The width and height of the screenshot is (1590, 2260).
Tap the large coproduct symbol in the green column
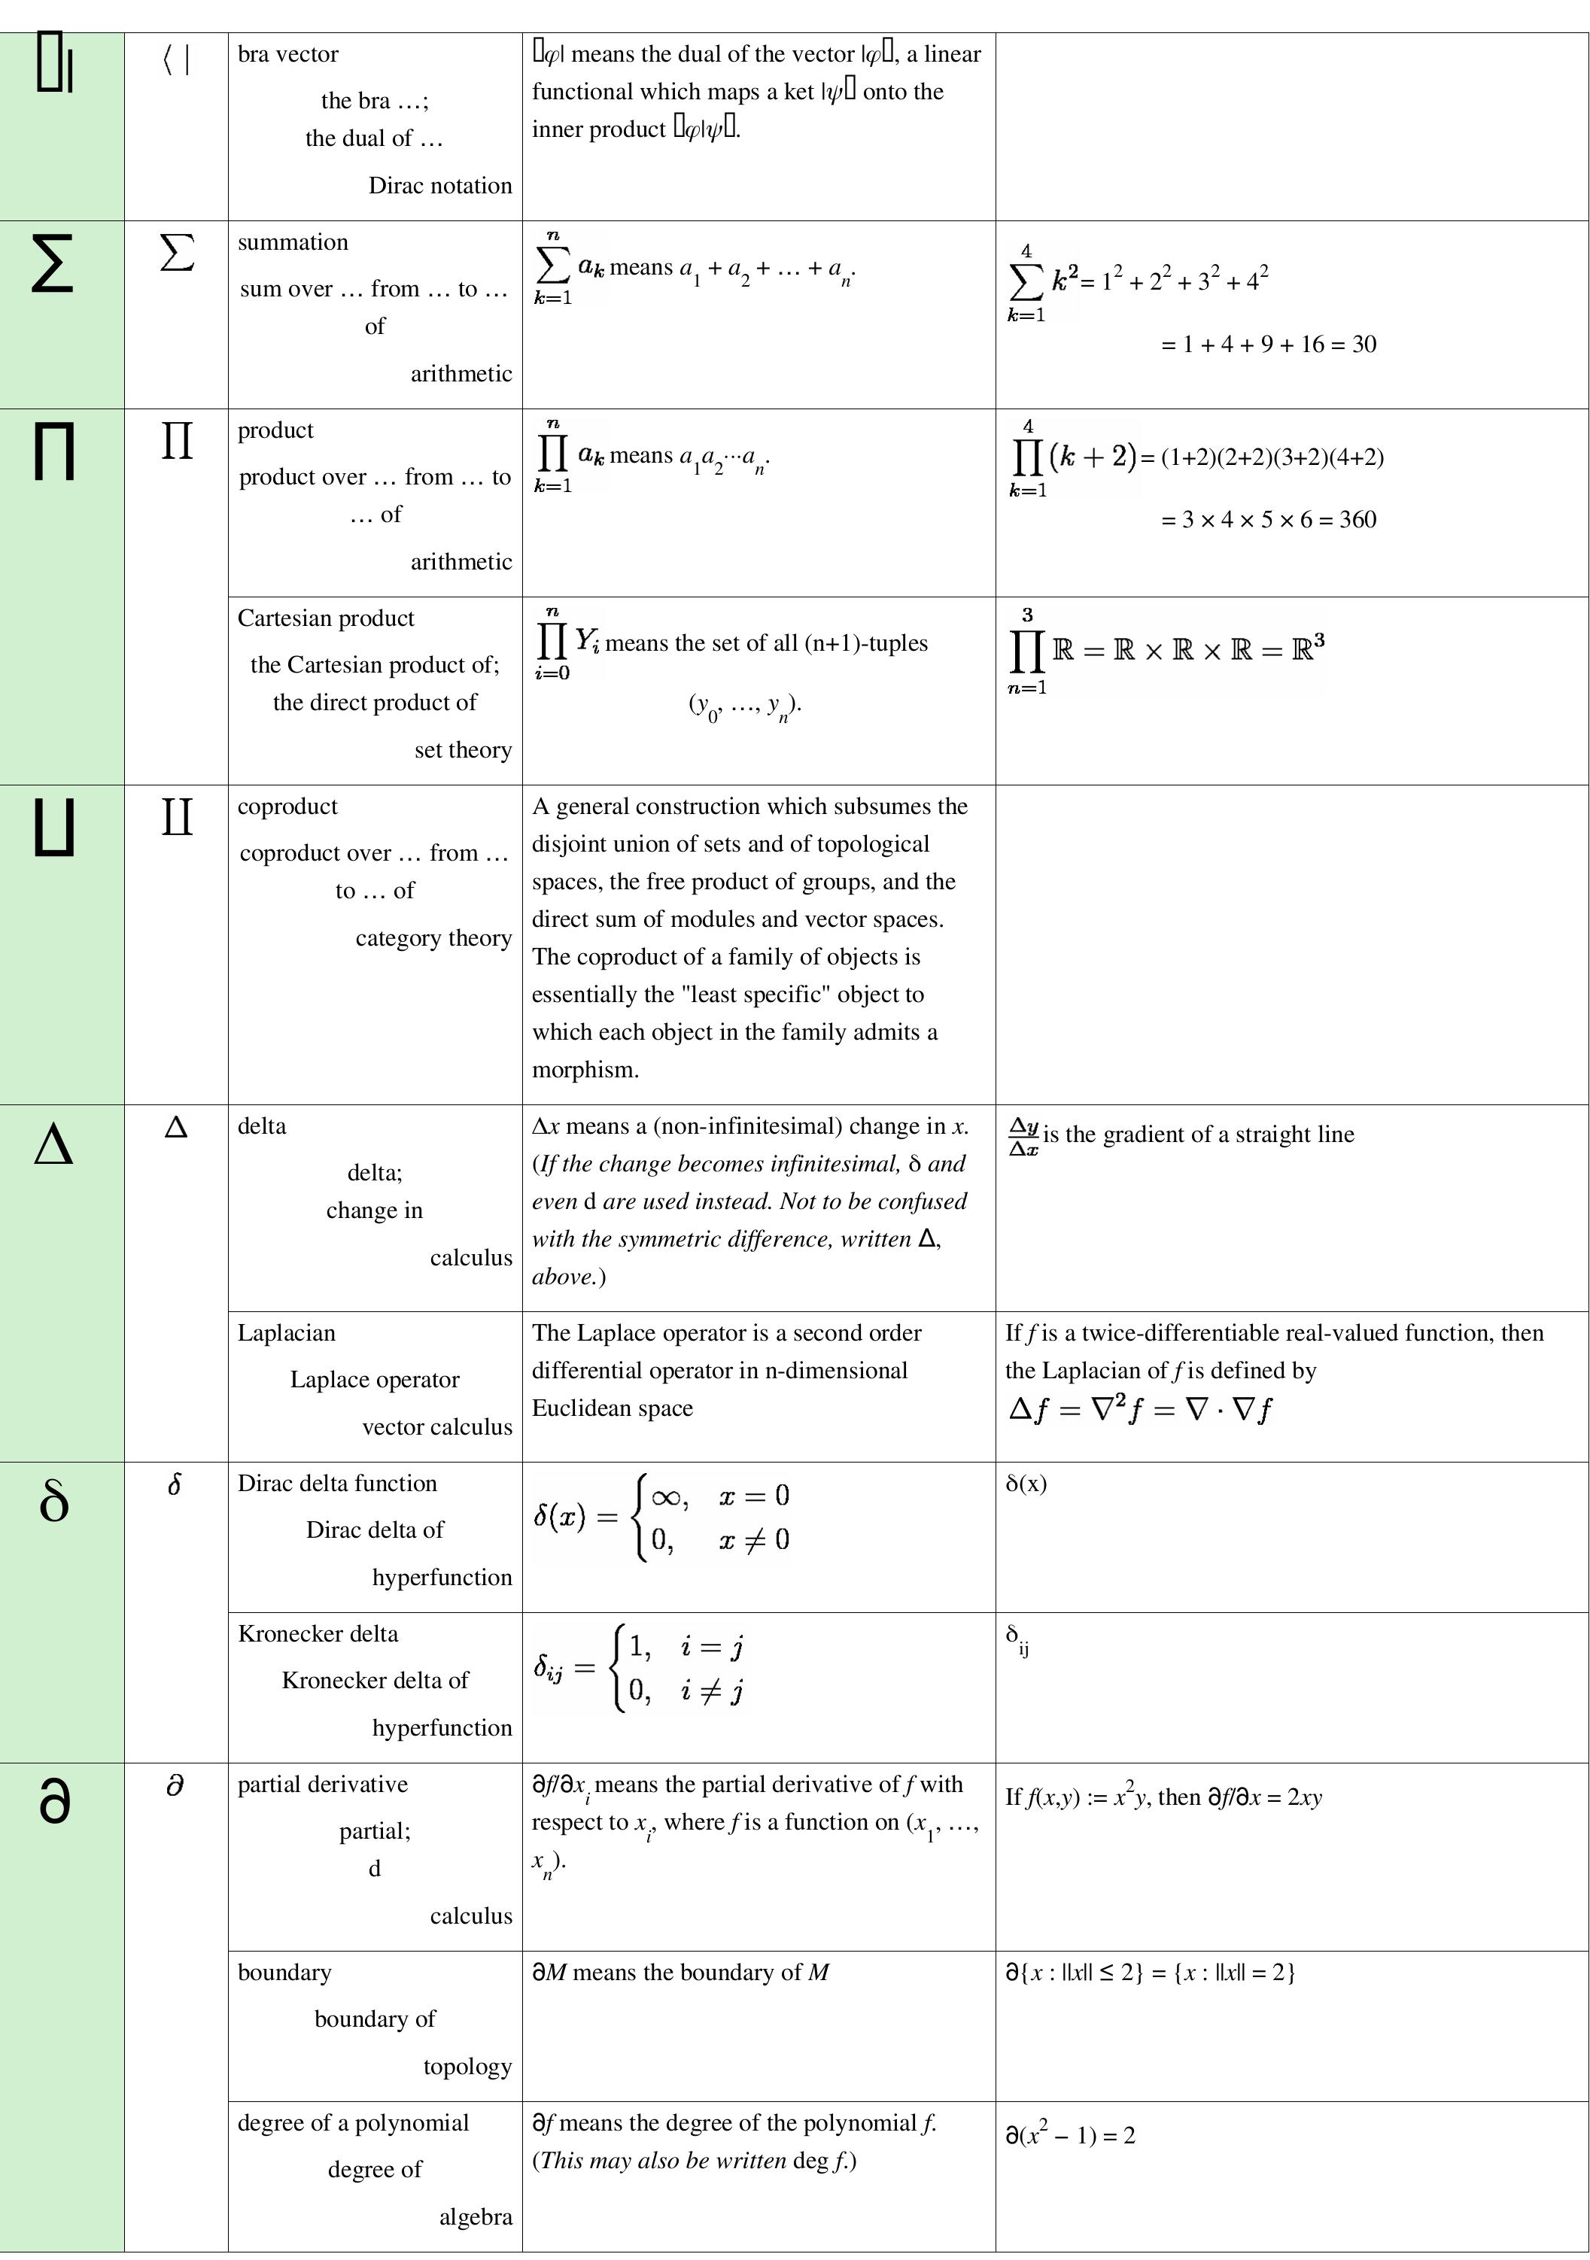(x=54, y=828)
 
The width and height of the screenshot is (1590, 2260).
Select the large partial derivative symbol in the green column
(x=54, y=1800)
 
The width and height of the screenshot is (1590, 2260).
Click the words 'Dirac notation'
(x=440, y=185)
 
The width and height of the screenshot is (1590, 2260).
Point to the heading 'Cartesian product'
(x=326, y=618)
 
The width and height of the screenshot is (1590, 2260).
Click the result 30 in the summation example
(x=1364, y=345)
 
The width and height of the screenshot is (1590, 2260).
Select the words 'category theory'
(x=433, y=938)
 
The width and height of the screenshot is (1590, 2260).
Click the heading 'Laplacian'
(x=287, y=1333)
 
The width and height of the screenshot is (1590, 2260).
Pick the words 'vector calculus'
(x=437, y=1426)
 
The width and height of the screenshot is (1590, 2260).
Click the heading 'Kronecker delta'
(x=318, y=1634)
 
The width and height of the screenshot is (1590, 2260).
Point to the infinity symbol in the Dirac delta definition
(x=667, y=1497)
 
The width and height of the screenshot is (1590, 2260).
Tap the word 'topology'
(x=467, y=2066)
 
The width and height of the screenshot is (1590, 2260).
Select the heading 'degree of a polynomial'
(x=354, y=2122)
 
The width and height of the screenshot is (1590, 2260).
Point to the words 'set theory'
(x=463, y=750)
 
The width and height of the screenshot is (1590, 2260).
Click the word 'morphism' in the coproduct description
(x=584, y=1070)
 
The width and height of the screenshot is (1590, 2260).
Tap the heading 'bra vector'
(x=287, y=54)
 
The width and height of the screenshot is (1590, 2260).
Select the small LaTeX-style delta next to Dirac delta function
(x=175, y=1484)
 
